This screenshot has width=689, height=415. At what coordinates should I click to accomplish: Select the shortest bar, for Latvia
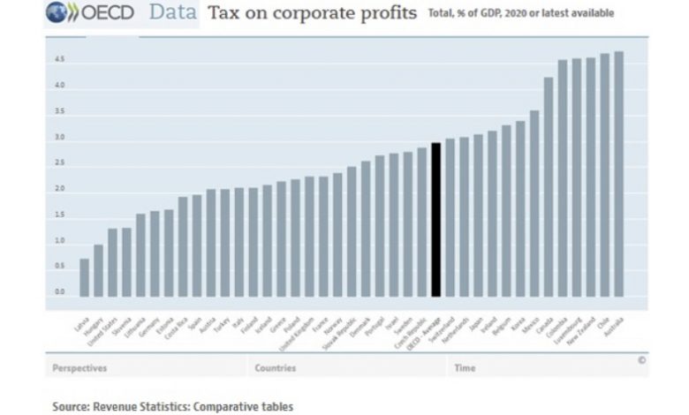point(84,277)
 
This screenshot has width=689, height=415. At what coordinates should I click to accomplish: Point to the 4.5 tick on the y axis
point(59,60)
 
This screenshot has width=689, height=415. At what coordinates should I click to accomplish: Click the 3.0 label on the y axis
point(59,138)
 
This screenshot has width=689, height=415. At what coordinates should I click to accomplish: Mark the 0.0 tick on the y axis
point(59,292)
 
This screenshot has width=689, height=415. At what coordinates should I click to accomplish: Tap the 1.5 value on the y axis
point(59,215)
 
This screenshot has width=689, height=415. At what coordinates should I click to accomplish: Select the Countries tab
point(275,367)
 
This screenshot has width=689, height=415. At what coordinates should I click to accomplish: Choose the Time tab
point(465,367)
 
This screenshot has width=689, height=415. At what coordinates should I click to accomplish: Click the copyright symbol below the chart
point(641,360)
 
